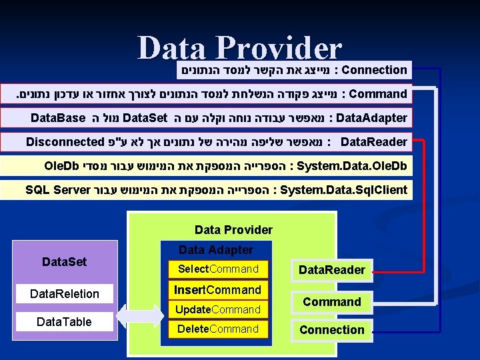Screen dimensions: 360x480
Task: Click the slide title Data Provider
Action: click(x=239, y=48)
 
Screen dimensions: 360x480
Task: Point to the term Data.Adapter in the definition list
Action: click(x=372, y=118)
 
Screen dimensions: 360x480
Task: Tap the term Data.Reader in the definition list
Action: click(x=374, y=142)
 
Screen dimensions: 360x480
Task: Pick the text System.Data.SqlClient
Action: click(x=344, y=190)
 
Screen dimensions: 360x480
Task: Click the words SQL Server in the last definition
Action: click(x=57, y=190)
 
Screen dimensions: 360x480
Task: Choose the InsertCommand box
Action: click(x=217, y=290)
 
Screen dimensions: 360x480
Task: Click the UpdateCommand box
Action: click(x=217, y=309)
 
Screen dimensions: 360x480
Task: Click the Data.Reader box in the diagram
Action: click(x=331, y=270)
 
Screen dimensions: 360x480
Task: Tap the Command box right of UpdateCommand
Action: click(x=331, y=302)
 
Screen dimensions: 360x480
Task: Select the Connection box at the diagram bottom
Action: click(x=331, y=330)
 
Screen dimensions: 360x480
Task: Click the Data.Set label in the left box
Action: click(x=64, y=262)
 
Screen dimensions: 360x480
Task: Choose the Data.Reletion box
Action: click(x=64, y=294)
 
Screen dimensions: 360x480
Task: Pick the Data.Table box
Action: click(x=64, y=322)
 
